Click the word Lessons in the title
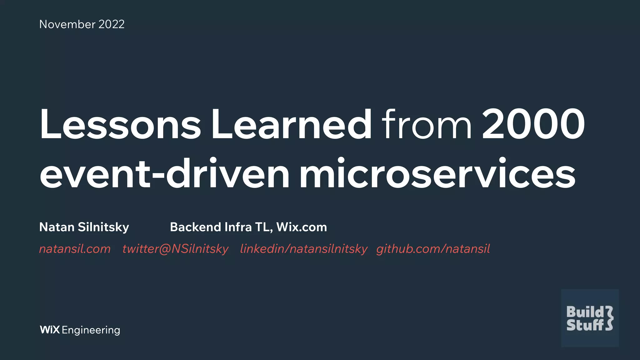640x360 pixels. (x=120, y=124)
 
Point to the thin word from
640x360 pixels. (x=426, y=124)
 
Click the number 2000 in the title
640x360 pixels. (x=533, y=124)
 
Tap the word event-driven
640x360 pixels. (x=164, y=174)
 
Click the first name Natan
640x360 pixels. (x=57, y=227)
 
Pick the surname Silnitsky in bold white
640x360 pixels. (x=103, y=227)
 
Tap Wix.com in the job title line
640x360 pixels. (x=302, y=227)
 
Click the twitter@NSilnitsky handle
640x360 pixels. (x=175, y=249)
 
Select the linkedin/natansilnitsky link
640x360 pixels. (x=303, y=249)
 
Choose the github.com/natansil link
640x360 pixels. (x=433, y=249)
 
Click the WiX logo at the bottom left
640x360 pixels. (x=50, y=330)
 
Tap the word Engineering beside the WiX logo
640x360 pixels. (x=91, y=330)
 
